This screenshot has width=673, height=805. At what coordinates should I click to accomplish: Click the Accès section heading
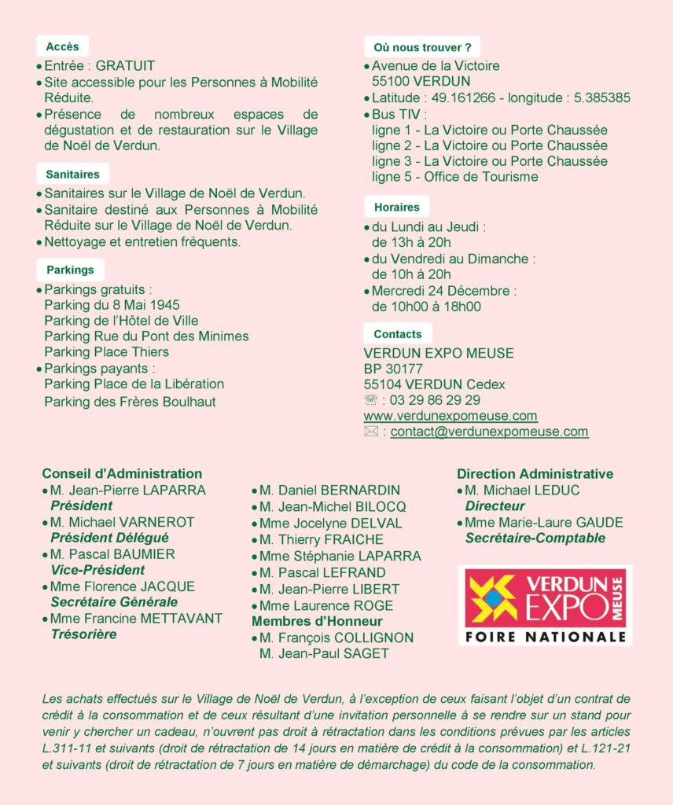[x=62, y=46]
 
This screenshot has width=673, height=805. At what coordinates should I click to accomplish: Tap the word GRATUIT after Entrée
[x=125, y=66]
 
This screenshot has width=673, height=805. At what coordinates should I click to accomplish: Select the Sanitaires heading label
[x=72, y=174]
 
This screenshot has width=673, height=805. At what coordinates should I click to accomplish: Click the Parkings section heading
[x=69, y=270]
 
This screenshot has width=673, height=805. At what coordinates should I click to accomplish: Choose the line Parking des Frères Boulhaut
[x=130, y=402]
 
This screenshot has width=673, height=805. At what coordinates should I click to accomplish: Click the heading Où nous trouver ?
[x=422, y=47]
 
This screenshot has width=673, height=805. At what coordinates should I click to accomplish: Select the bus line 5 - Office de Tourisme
[x=454, y=177]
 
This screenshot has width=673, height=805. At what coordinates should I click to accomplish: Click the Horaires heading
[x=396, y=208]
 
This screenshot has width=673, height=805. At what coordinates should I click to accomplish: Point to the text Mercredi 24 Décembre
[x=443, y=291]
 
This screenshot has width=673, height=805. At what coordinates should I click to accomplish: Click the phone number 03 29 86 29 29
[x=435, y=400]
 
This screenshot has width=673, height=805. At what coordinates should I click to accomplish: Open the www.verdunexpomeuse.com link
[x=451, y=416]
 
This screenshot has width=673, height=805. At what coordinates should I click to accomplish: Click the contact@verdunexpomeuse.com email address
[x=489, y=432]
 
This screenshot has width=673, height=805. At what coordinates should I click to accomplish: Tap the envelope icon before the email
[x=371, y=432]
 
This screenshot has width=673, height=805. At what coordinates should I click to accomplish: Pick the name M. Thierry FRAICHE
[x=321, y=540]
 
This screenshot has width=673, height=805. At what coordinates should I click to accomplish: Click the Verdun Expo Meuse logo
[x=545, y=605]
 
